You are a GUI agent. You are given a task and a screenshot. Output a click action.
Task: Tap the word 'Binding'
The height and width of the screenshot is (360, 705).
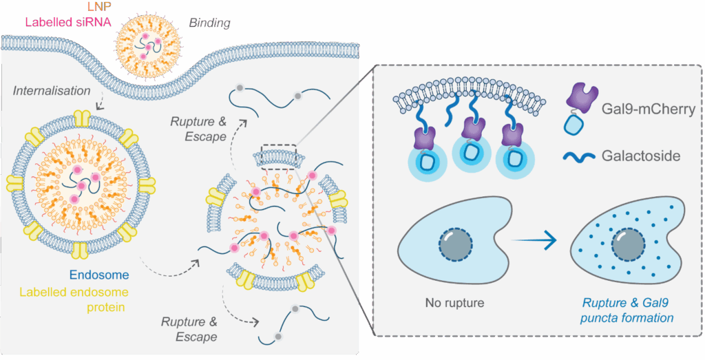coord(209,23)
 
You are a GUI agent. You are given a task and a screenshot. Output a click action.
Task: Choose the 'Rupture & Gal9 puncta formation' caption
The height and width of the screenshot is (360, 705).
coord(627,310)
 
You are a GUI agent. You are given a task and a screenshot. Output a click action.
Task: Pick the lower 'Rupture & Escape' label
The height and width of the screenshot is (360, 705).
coord(190,329)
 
